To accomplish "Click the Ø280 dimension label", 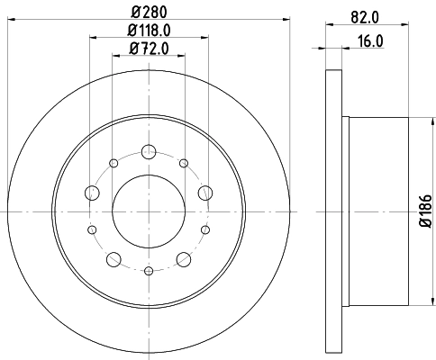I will point(150,11).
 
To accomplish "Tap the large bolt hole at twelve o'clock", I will point(149,154).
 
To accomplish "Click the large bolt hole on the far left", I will point(92,192).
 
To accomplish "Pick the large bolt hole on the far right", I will point(205,192).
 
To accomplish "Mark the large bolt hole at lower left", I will point(114,259).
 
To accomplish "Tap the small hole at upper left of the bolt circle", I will point(114,163).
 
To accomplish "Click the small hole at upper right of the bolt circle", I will point(184,163).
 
